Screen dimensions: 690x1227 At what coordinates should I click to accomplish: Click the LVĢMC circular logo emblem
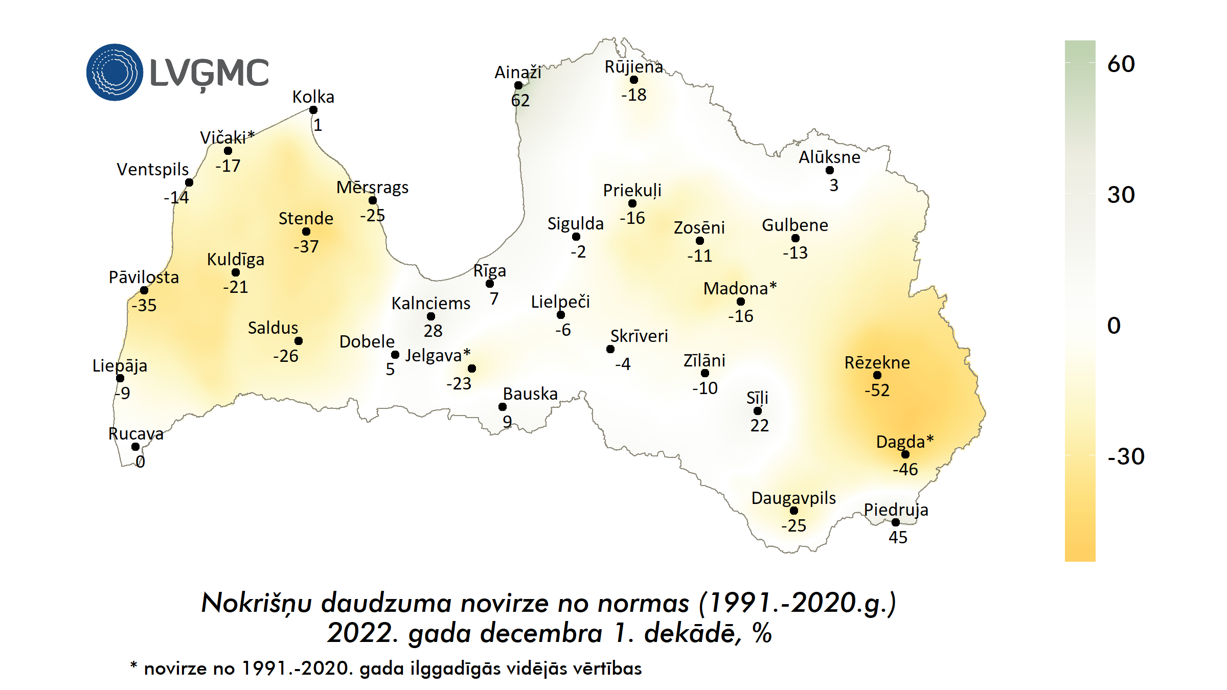pos(115,72)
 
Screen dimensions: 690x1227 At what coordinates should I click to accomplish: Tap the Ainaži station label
pos(517,73)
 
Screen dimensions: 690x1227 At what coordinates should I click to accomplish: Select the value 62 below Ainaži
pos(520,100)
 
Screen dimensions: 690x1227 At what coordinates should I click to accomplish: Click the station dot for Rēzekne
pos(877,375)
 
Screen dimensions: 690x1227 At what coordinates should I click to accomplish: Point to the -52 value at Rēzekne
pos(877,390)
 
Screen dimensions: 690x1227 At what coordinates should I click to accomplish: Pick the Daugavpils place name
pos(793,498)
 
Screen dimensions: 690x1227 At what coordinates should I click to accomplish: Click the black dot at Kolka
pos(313,110)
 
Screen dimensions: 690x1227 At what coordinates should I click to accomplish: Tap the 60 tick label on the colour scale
pos(1121,64)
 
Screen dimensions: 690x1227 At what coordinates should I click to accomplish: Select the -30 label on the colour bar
pos(1125,456)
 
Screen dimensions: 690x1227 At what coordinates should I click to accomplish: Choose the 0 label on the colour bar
pos(1114,326)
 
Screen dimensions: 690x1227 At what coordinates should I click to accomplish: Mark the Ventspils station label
pos(152,169)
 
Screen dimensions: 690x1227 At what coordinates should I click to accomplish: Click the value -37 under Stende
pos(306,247)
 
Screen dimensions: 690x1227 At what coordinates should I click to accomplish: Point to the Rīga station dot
pos(490,284)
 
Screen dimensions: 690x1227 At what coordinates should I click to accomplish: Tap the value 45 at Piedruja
pos(898,537)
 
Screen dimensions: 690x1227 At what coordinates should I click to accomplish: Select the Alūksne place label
pos(829,157)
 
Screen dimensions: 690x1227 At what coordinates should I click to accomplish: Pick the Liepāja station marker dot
pos(120,378)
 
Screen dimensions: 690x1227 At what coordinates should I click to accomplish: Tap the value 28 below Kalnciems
pos(433,331)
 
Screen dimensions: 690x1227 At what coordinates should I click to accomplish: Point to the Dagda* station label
pos(904,442)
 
